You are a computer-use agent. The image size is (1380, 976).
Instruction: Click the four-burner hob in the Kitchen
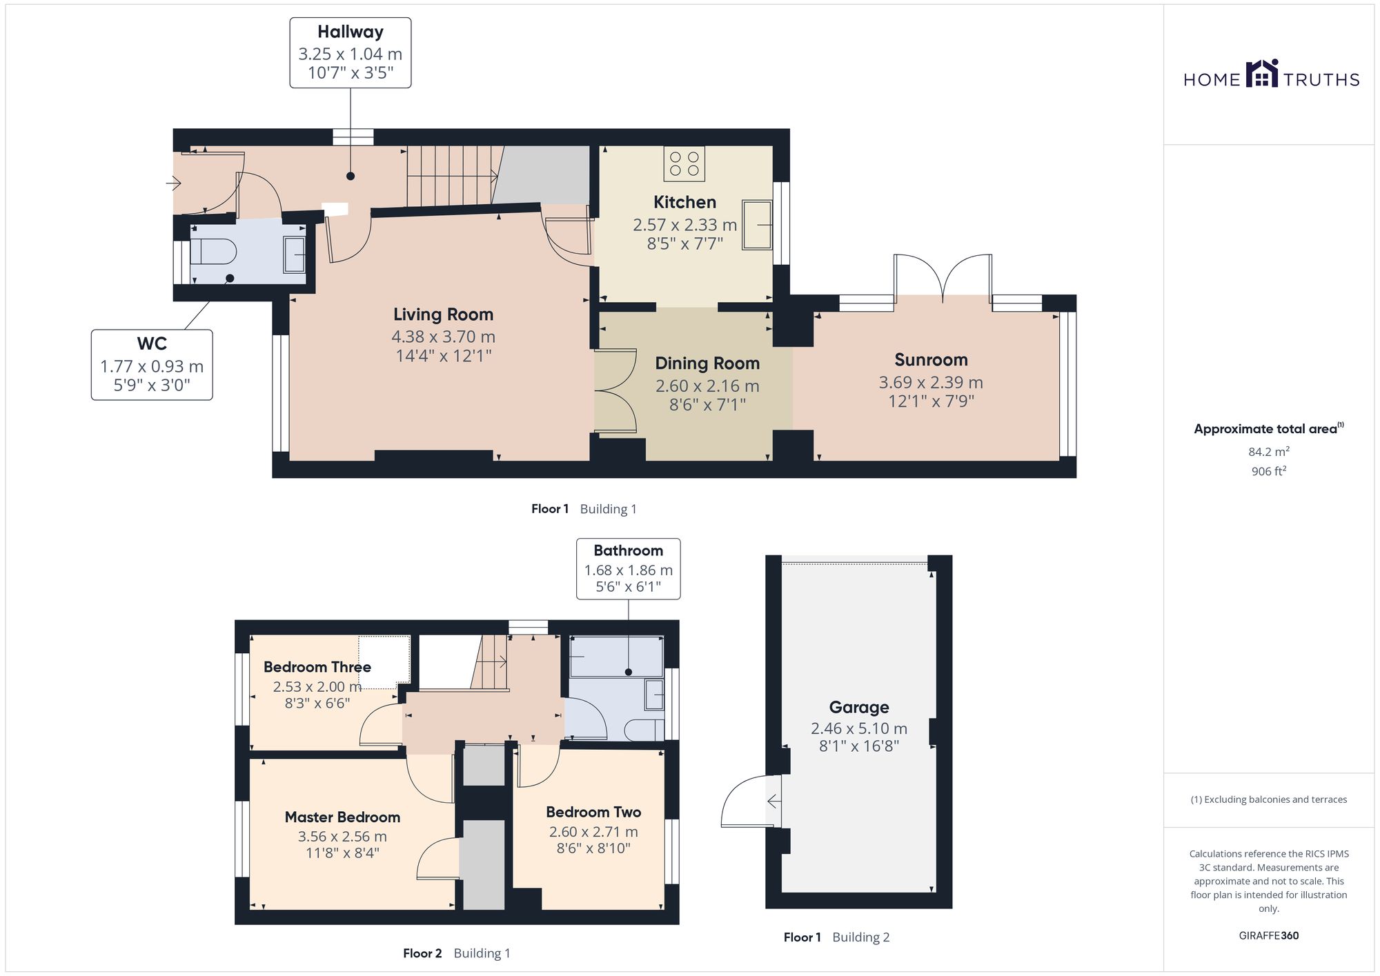point(684,163)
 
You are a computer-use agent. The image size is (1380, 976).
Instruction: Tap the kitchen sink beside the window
point(757,224)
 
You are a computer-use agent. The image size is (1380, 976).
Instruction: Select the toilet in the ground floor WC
point(213,251)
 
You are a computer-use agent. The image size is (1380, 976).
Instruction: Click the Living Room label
point(443,315)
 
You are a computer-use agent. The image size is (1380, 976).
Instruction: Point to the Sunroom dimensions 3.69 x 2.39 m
point(931,382)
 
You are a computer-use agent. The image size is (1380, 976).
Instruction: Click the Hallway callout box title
point(351,32)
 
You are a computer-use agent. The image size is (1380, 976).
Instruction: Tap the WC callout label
point(152,343)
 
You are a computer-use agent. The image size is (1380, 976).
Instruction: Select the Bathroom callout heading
point(628,550)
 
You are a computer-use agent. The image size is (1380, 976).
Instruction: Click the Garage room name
point(859,707)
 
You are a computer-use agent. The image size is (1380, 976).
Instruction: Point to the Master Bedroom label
point(342,817)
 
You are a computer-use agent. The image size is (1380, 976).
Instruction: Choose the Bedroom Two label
point(593,812)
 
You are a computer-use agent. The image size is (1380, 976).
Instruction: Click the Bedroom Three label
point(317,667)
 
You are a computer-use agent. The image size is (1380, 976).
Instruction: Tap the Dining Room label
point(707,363)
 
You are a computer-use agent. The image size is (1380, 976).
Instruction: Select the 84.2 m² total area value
point(1269,452)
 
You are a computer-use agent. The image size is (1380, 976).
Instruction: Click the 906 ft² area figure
point(1269,472)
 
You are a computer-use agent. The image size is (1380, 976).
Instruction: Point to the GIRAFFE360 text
point(1269,936)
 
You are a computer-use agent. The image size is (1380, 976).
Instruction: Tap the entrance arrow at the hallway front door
point(173,183)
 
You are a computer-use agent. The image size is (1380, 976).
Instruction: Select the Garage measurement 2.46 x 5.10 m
point(859,728)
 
